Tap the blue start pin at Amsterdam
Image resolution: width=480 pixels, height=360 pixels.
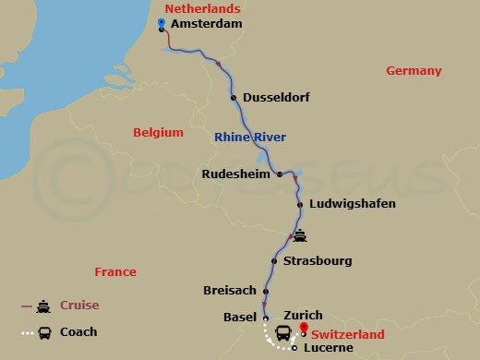pos(162,23)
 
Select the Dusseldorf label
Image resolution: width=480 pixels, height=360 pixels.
pos(276,97)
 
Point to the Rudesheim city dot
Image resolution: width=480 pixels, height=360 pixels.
pos(280,174)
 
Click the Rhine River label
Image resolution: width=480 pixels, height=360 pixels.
pos(249,138)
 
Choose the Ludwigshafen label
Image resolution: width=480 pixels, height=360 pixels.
pos(354,203)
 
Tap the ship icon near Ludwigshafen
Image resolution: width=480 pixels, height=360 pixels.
pos(299,234)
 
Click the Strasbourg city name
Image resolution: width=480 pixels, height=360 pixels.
pos(318,261)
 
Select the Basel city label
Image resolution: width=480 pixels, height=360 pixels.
pos(240,317)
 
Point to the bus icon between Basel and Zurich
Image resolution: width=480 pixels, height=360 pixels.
pos(282,332)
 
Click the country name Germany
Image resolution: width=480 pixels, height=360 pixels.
pos(414,71)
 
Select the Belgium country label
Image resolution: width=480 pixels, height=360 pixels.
pos(158,133)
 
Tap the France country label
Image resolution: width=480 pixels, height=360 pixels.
pos(115,271)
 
